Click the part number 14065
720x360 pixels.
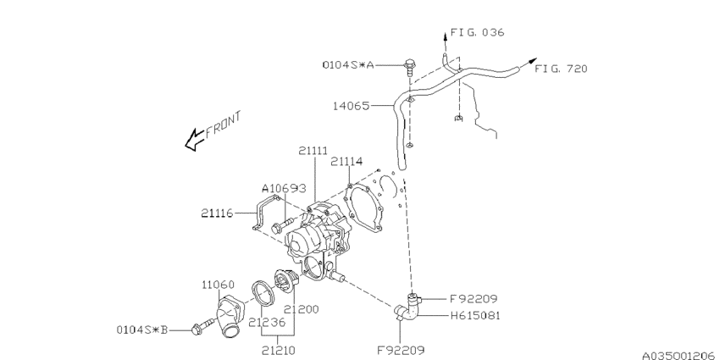tap(352, 106)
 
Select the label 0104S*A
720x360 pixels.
tap(347, 64)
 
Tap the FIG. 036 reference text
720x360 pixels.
tap(477, 32)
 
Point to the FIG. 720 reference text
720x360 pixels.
tap(561, 69)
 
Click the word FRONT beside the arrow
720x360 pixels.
tap(223, 125)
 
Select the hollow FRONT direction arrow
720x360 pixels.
tap(194, 139)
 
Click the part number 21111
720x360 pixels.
tap(313, 151)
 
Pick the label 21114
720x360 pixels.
tap(346, 161)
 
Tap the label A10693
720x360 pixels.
tap(284, 188)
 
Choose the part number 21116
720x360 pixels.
tap(217, 213)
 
